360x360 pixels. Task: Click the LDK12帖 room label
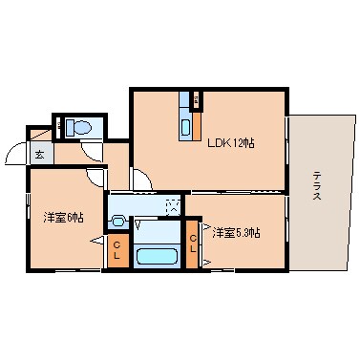pyautogui.click(x=230, y=144)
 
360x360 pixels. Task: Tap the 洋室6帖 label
pyautogui.click(x=63, y=218)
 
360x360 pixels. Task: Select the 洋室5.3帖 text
pyautogui.click(x=237, y=232)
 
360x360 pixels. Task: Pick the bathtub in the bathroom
pyautogui.click(x=154, y=255)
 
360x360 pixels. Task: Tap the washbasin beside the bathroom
pyautogui.click(x=117, y=221)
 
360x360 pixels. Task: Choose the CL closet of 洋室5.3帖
pyautogui.click(x=193, y=244)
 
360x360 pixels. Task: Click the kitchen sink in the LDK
pyautogui.click(x=185, y=126)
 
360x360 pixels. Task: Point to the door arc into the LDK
pyautogui.click(x=140, y=179)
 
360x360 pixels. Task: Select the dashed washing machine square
pyautogui.click(x=172, y=204)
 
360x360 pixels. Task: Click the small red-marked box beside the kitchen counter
pyautogui.click(x=196, y=99)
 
